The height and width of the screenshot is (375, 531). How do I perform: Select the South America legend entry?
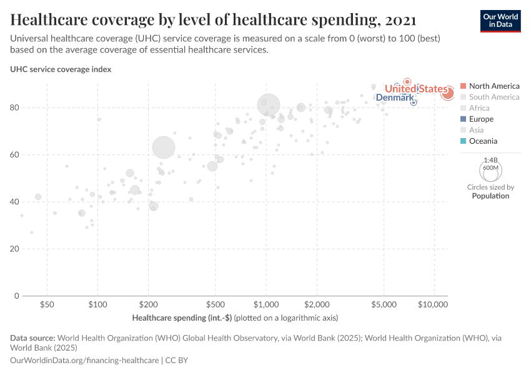point(494,97)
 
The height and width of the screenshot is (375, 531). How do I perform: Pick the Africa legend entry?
point(479,108)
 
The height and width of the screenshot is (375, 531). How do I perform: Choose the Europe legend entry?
point(481,119)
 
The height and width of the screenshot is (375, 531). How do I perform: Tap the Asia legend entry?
point(477,130)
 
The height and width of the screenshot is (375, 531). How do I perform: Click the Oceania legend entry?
point(483,141)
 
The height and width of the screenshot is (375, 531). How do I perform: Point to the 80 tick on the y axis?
point(16,107)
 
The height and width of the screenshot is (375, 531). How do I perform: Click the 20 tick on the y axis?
point(16,249)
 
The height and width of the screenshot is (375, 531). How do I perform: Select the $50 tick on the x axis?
point(47,305)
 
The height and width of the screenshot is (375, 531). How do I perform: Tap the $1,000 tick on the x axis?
point(266,305)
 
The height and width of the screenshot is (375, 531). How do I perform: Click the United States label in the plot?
point(416,89)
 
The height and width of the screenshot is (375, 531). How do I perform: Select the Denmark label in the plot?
point(394,99)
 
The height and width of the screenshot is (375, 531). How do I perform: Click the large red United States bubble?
point(447,93)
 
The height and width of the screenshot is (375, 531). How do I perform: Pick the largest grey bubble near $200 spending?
point(164,147)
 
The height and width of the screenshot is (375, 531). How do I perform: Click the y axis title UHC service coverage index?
point(61,69)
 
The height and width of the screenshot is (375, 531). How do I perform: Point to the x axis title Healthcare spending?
point(182,318)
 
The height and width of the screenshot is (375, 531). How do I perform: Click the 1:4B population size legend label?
point(490,160)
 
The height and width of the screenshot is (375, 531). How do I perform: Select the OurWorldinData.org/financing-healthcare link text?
point(84,361)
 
